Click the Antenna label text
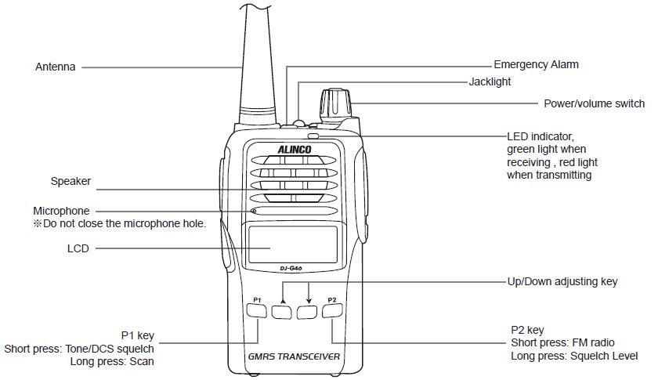(x=56, y=67)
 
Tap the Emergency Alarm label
(x=536, y=64)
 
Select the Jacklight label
(x=490, y=81)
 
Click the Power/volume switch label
(x=595, y=103)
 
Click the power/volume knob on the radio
(x=334, y=106)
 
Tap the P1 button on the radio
(x=256, y=312)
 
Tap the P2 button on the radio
(x=332, y=312)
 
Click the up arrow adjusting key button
(x=281, y=312)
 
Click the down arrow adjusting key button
(x=307, y=312)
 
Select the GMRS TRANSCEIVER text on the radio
(x=294, y=356)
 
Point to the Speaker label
(x=71, y=181)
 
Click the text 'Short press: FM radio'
(x=562, y=342)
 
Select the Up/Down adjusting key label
(x=562, y=280)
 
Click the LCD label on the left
(x=78, y=248)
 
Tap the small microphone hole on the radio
(x=254, y=212)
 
